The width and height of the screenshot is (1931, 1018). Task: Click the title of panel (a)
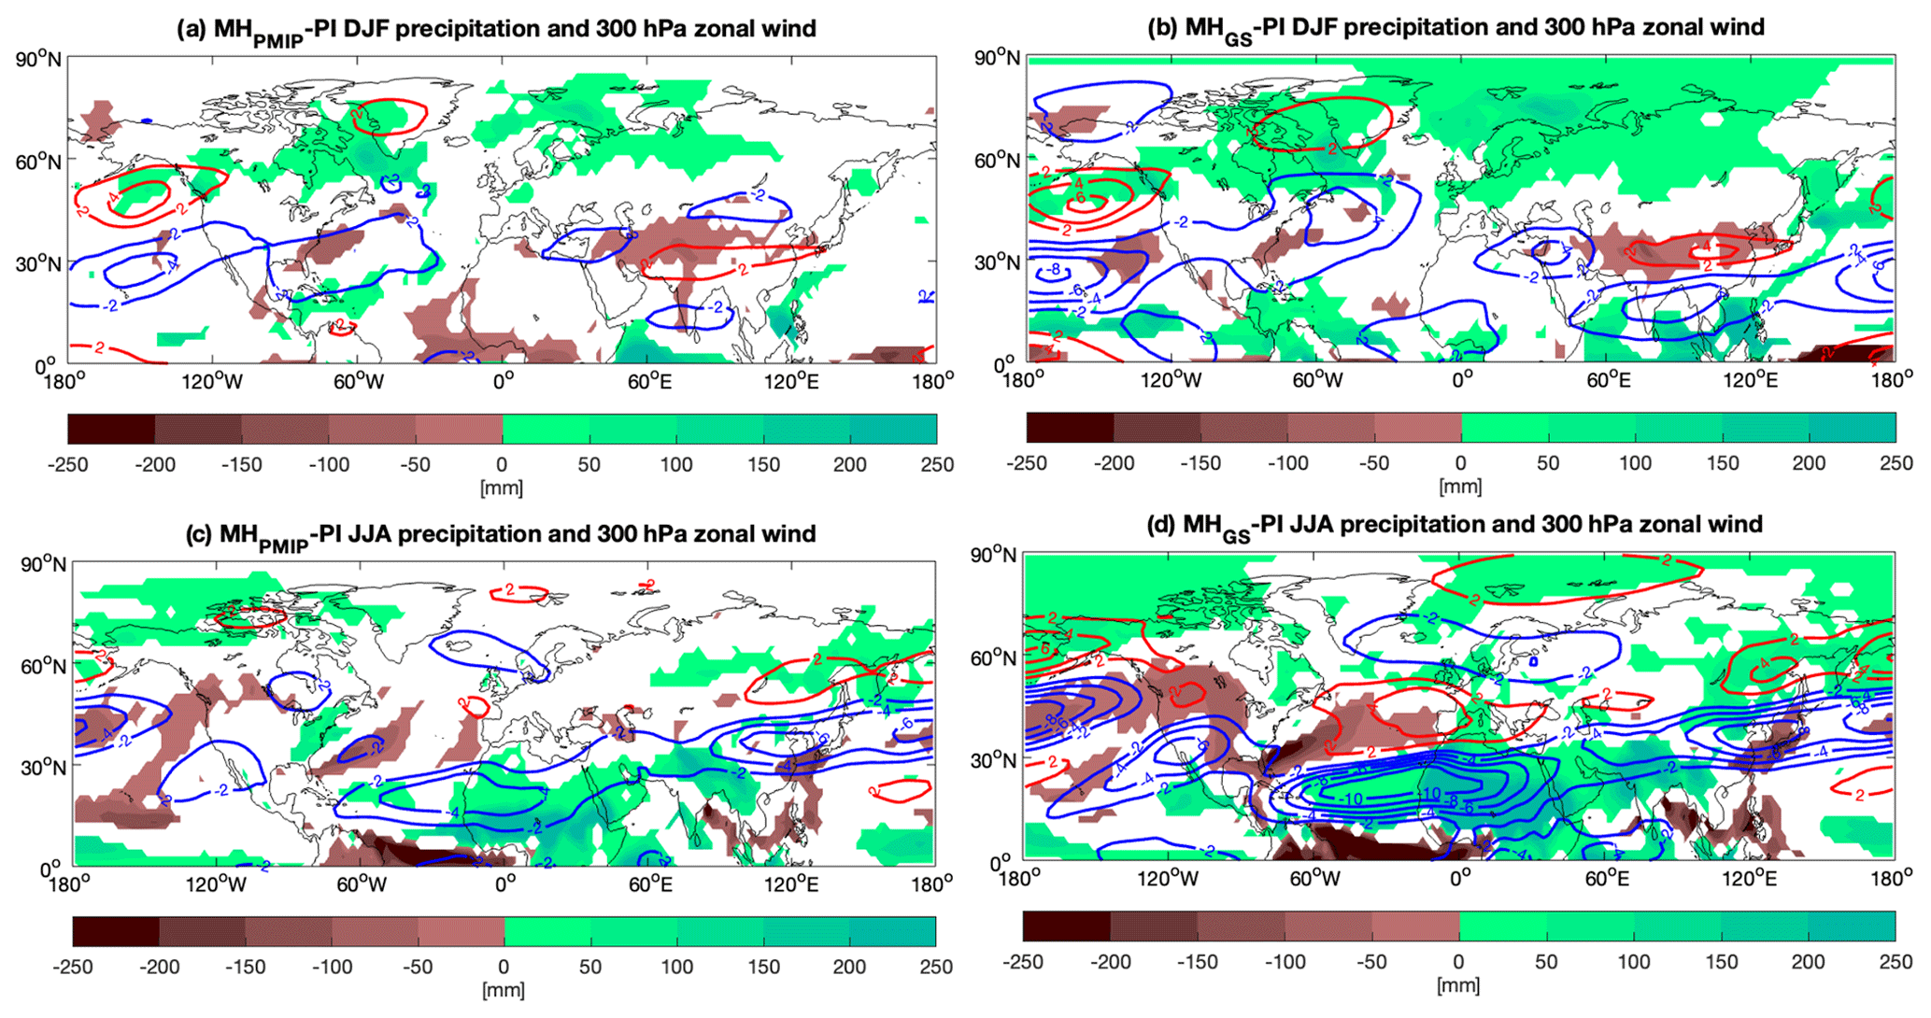pos(496,29)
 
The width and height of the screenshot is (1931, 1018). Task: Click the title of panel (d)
pos(1454,524)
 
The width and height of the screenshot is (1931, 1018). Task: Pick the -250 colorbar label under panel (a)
pos(68,465)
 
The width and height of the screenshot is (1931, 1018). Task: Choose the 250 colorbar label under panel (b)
pos(1896,463)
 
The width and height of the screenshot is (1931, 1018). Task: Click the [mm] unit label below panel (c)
pos(503,990)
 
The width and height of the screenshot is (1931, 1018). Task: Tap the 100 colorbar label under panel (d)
pos(1633,963)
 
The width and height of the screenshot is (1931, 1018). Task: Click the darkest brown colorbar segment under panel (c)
pos(116,931)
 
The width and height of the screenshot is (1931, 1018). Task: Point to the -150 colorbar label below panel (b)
pos(1200,463)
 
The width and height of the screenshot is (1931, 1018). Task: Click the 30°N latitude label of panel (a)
pos(39,263)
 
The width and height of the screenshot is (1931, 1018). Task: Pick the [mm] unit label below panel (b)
pos(1460,487)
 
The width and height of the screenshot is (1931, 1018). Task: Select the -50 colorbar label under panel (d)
pos(1372,963)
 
